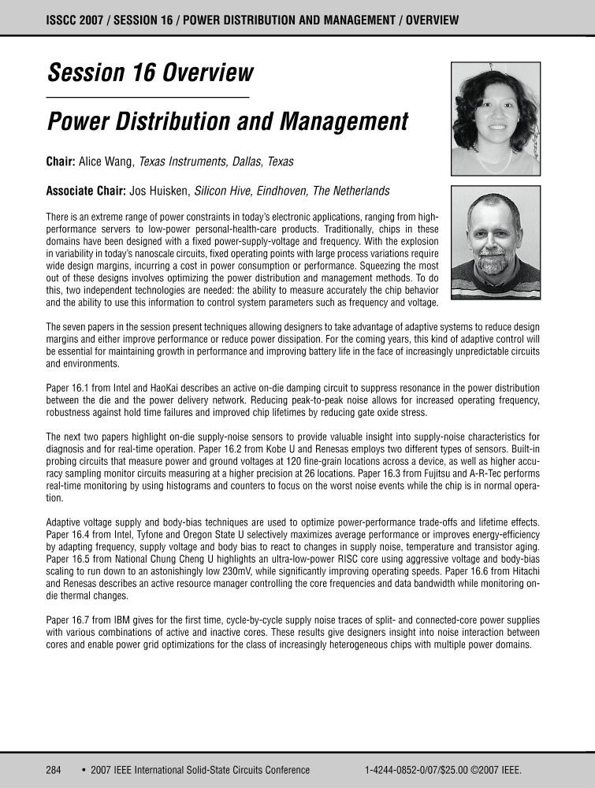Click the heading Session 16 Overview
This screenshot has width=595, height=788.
pos(150,73)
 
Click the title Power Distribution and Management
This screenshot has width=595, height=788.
pos(227,122)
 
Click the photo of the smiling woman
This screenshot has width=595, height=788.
pos(495,118)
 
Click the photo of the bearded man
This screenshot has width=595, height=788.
pos(495,242)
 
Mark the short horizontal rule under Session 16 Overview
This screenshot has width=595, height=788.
pos(148,97)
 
